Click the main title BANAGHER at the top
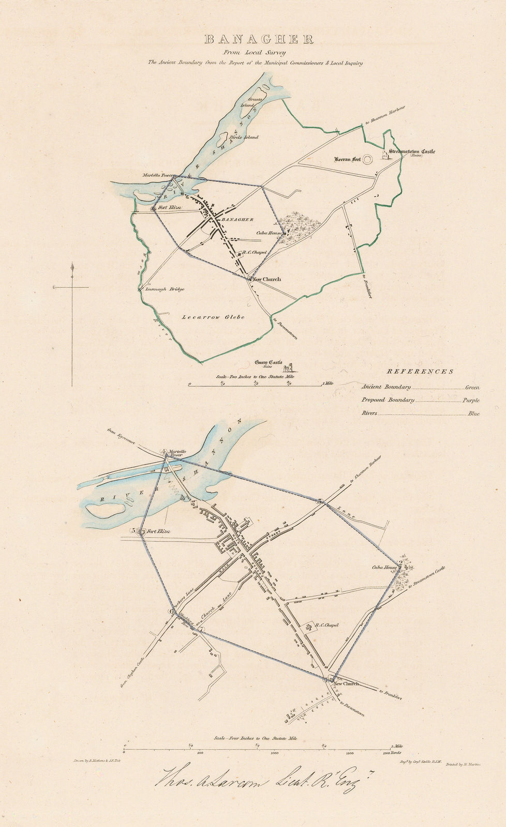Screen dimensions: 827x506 [259, 40]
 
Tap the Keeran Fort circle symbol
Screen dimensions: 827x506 [368, 160]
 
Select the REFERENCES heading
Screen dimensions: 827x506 [420, 371]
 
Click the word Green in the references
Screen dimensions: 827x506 [472, 387]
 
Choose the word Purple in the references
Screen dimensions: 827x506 [471, 400]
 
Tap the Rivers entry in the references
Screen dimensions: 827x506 [369, 413]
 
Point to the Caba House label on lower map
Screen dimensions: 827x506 [384, 568]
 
